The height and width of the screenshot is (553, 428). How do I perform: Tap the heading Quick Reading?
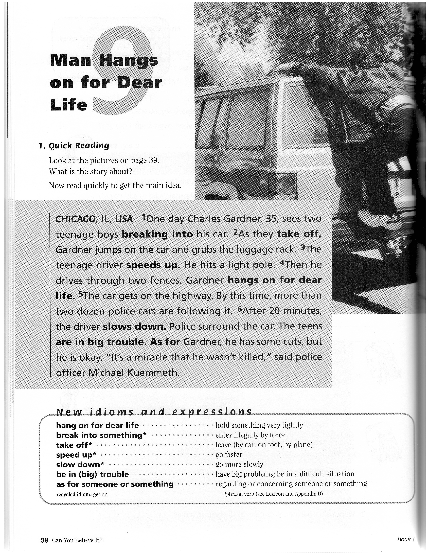coord(79,146)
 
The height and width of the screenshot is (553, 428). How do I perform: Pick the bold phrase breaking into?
coord(157,234)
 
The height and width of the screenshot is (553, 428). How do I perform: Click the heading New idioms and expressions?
coord(154,412)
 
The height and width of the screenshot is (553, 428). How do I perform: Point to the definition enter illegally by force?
coord(250,435)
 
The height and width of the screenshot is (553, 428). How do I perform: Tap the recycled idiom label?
coord(74,494)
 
